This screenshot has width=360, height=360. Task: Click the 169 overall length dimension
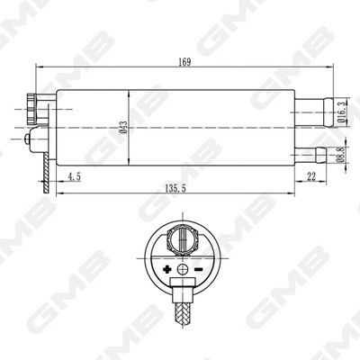click(184, 61)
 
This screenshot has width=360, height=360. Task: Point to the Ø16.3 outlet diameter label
click(343, 110)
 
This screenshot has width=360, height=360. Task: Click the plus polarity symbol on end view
click(166, 270)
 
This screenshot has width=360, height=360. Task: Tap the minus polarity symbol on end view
click(197, 270)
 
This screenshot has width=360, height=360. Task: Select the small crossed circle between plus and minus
click(183, 270)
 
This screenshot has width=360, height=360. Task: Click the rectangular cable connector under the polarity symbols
click(182, 289)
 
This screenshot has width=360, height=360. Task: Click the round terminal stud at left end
click(36, 139)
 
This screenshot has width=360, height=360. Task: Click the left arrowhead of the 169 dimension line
click(37, 68)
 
